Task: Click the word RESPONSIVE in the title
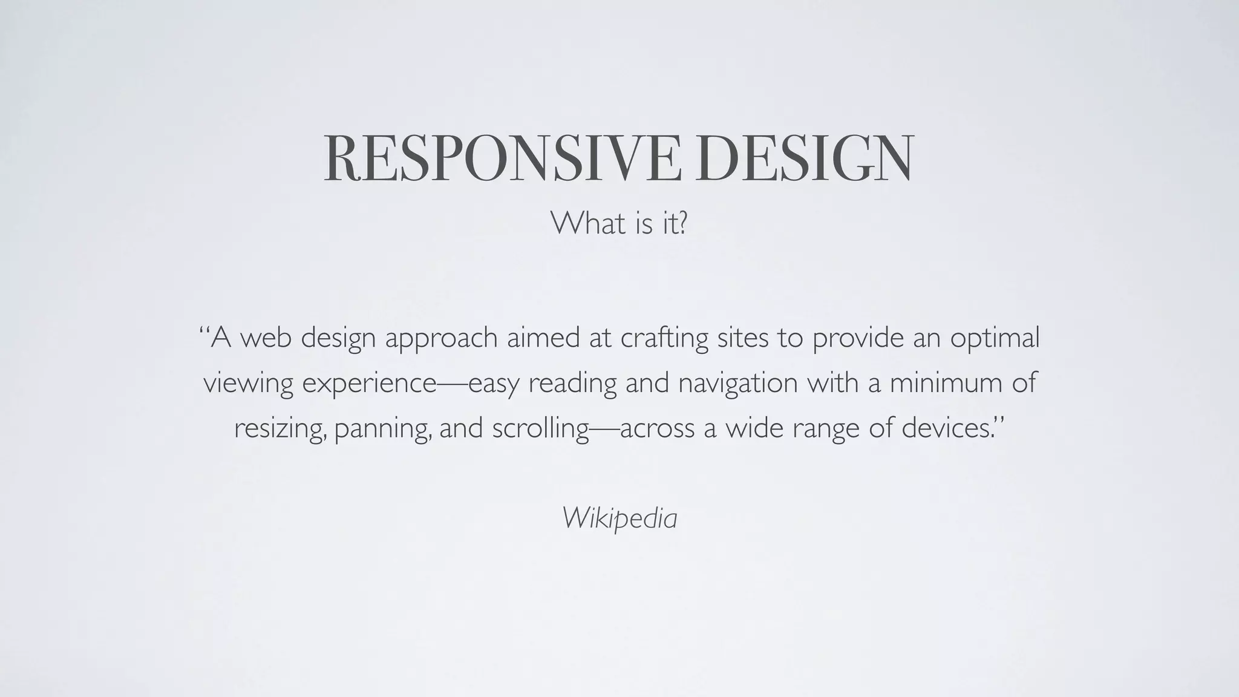[502, 158]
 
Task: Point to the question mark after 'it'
[682, 223]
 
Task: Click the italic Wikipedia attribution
[619, 518]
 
